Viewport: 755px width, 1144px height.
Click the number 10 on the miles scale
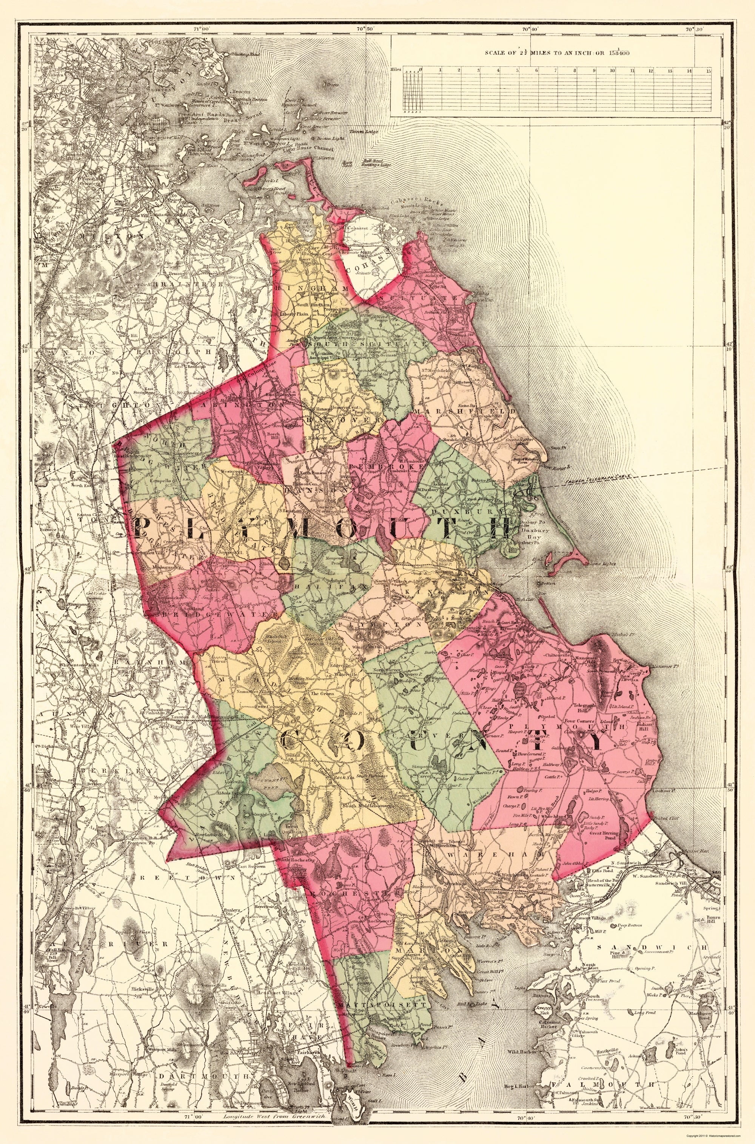(612, 70)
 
